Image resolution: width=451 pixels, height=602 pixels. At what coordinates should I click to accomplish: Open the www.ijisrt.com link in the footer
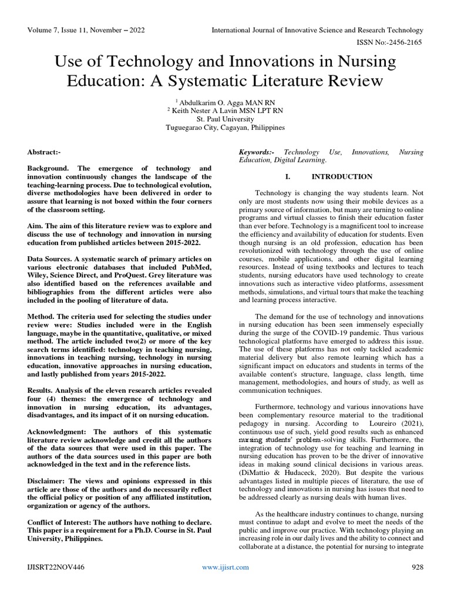click(225, 567)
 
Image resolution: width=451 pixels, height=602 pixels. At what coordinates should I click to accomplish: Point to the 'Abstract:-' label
click(45, 152)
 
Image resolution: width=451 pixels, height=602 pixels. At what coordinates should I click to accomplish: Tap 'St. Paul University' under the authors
click(225, 118)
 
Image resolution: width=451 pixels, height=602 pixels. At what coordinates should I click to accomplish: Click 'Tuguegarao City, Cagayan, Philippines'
click(225, 127)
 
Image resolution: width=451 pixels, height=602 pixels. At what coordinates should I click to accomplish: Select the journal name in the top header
click(317, 30)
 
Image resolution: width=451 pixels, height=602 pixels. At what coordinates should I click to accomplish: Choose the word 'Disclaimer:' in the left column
click(48, 480)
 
